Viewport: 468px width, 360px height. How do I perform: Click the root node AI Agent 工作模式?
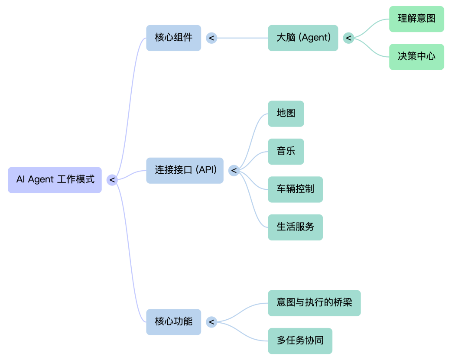coord(55,179)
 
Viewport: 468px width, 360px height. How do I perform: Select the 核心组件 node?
coord(173,38)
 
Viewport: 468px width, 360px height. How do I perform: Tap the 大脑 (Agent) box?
coord(303,38)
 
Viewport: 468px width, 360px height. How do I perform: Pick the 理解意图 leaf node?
coord(416,19)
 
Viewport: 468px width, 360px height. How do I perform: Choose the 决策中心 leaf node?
coord(416,57)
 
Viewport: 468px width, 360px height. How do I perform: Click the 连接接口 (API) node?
coord(185,170)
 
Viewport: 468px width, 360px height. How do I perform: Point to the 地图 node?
coord(286,114)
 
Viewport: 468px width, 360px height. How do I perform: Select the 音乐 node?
coord(286,151)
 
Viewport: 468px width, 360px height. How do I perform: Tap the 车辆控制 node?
coord(295,189)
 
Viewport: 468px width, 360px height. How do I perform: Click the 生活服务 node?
coord(295,227)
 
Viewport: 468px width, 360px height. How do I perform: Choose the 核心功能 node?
coord(173,322)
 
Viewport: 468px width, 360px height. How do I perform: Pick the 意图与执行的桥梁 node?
coord(314,303)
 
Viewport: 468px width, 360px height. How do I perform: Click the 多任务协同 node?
coord(300,341)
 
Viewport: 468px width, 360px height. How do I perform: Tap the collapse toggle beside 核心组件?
coord(211,38)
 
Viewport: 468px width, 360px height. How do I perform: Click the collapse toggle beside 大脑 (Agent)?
coord(348,38)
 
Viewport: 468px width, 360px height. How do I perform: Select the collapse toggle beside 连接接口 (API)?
coord(234,171)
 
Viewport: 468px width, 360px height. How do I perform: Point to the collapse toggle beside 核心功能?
coord(211,322)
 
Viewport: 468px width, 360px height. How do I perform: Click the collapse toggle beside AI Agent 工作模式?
coord(112,179)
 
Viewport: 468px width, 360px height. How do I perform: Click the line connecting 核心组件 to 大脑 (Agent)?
coord(243,38)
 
